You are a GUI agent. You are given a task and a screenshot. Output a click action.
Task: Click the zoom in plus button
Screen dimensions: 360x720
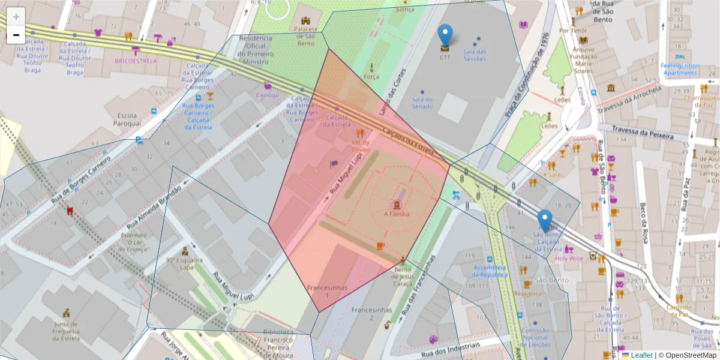coord(16,17)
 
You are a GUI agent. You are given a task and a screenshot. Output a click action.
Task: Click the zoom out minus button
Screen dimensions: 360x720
coord(16,35)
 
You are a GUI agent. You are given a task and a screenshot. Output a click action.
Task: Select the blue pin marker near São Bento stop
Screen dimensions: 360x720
coord(544,221)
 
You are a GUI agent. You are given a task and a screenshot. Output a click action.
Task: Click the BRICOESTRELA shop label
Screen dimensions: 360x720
coord(136,61)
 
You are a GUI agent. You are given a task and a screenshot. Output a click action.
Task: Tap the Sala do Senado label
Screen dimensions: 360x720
coord(422,103)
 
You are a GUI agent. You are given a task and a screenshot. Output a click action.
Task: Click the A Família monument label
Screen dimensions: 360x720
coord(397,214)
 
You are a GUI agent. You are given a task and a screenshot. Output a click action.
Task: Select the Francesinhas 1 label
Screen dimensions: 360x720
coord(327,291)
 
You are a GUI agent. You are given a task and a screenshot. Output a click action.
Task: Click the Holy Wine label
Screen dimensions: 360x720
coord(569,259)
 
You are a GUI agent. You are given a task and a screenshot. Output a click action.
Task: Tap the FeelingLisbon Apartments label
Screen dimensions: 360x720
coord(680,68)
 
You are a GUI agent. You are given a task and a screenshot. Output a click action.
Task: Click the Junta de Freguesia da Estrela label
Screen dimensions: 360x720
coord(66,330)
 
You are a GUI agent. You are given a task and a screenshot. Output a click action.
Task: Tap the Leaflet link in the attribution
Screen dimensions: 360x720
coord(641,355)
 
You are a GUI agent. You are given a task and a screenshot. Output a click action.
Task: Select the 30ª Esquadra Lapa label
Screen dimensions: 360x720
coord(184,264)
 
